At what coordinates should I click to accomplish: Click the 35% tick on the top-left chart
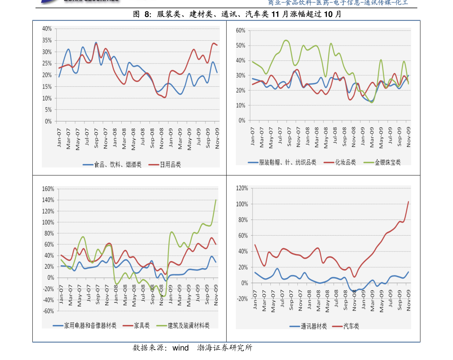(x=47, y=40)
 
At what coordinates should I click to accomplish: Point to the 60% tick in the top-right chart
(x=240, y=30)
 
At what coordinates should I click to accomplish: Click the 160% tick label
(x=48, y=189)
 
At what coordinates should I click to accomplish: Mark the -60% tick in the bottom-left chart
(x=48, y=311)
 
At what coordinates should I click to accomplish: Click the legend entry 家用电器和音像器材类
(x=90, y=325)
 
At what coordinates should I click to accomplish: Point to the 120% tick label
(x=242, y=188)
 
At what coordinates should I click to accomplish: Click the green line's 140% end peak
(x=216, y=200)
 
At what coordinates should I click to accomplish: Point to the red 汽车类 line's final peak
(x=408, y=202)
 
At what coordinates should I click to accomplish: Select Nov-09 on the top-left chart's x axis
(x=217, y=139)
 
